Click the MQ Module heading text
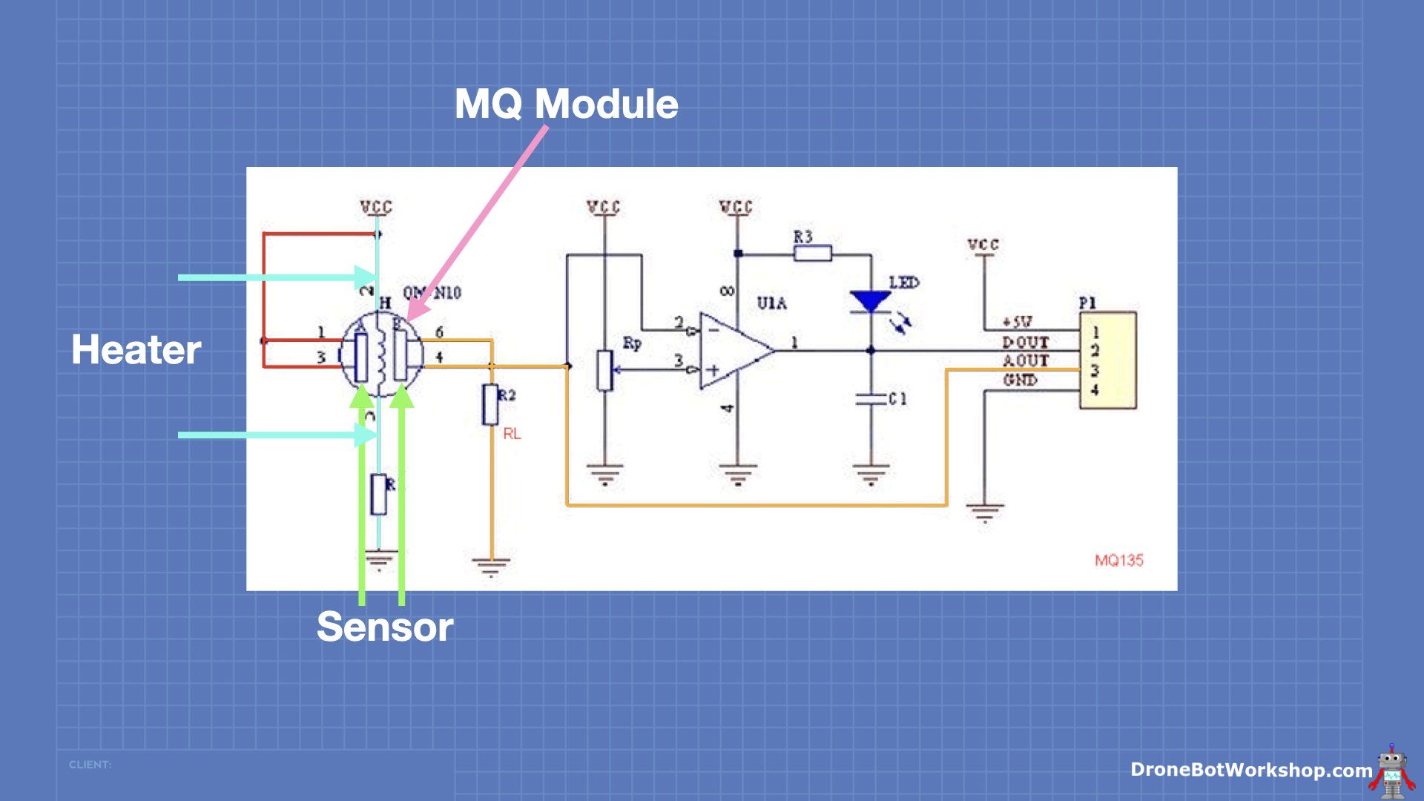[566, 104]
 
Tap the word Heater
[136, 349]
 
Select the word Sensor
[384, 627]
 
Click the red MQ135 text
[1118, 561]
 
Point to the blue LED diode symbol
[871, 301]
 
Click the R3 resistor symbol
[812, 254]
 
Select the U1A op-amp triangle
[734, 351]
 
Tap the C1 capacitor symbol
[871, 399]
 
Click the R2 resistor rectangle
[490, 404]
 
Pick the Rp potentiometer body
[605, 370]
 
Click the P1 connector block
[1107, 360]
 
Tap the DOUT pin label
[1025, 342]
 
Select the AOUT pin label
[1026, 360]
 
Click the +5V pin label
[1017, 322]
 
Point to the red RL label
[512, 434]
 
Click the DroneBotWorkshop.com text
[1250, 770]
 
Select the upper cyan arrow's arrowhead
[366, 277]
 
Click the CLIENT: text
[90, 764]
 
